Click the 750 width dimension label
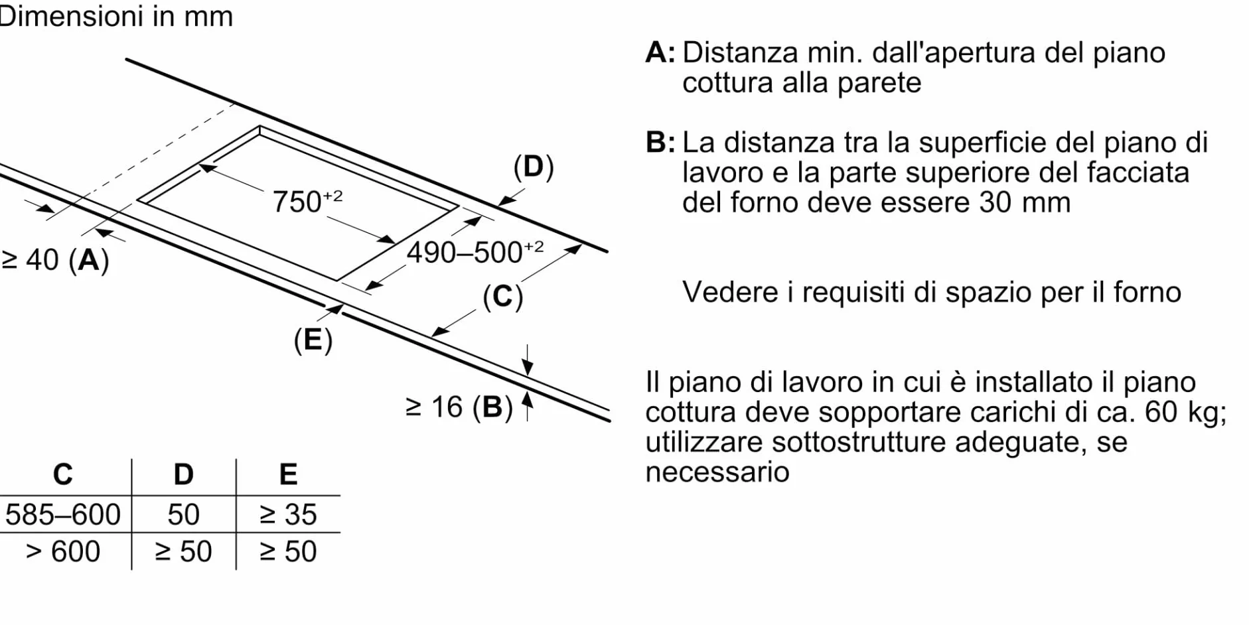307,201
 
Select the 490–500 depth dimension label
475,252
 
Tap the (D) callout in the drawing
534,167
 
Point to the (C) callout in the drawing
503,297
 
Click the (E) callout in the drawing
313,340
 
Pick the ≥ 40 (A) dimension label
55,259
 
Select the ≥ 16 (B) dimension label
459,407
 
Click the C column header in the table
62,474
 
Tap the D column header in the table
183,474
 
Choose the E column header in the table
288,474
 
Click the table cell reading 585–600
63,514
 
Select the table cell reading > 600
63,551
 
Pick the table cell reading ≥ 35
288,514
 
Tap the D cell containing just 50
183,514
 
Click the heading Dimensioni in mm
116,17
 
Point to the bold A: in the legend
660,52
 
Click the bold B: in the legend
660,142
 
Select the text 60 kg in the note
1185,413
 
